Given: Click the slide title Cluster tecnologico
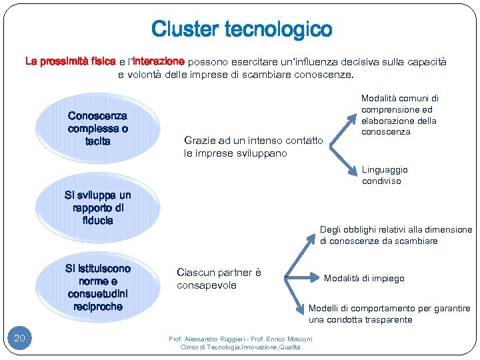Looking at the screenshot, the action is tap(241, 29).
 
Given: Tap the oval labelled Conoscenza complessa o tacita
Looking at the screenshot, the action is tap(98, 128).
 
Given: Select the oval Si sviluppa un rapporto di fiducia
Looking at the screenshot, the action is tap(98, 207).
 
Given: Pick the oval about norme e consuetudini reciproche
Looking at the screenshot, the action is tap(98, 287).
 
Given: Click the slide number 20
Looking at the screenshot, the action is tap(19, 339).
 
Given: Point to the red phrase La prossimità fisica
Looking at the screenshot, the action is tap(69, 61).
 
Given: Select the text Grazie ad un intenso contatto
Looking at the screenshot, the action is tap(253, 141).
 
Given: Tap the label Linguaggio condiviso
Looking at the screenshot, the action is tap(385, 175).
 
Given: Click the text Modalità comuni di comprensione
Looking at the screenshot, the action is tap(399, 103).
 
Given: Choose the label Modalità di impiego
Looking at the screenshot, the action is tap(364, 278).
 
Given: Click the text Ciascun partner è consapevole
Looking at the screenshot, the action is tap(219, 279).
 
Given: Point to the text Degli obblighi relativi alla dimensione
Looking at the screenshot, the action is tap(395, 229).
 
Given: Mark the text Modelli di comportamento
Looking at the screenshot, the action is tap(360, 309).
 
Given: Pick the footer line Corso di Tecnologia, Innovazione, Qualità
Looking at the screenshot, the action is tap(240, 347).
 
